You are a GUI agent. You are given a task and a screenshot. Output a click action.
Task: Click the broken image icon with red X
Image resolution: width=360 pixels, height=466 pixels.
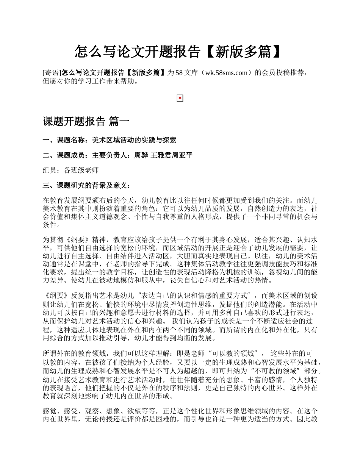[x=180, y=99]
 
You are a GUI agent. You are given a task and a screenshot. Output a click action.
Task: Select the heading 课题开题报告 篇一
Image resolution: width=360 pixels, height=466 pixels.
[x=86, y=122]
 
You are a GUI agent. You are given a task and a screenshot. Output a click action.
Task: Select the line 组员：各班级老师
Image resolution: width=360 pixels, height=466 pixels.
[x=71, y=170]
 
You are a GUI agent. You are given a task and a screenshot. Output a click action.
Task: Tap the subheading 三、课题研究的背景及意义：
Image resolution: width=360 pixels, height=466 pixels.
[x=87, y=186]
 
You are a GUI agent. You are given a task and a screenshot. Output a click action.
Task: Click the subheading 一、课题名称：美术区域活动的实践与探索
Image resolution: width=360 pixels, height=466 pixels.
[x=110, y=140]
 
